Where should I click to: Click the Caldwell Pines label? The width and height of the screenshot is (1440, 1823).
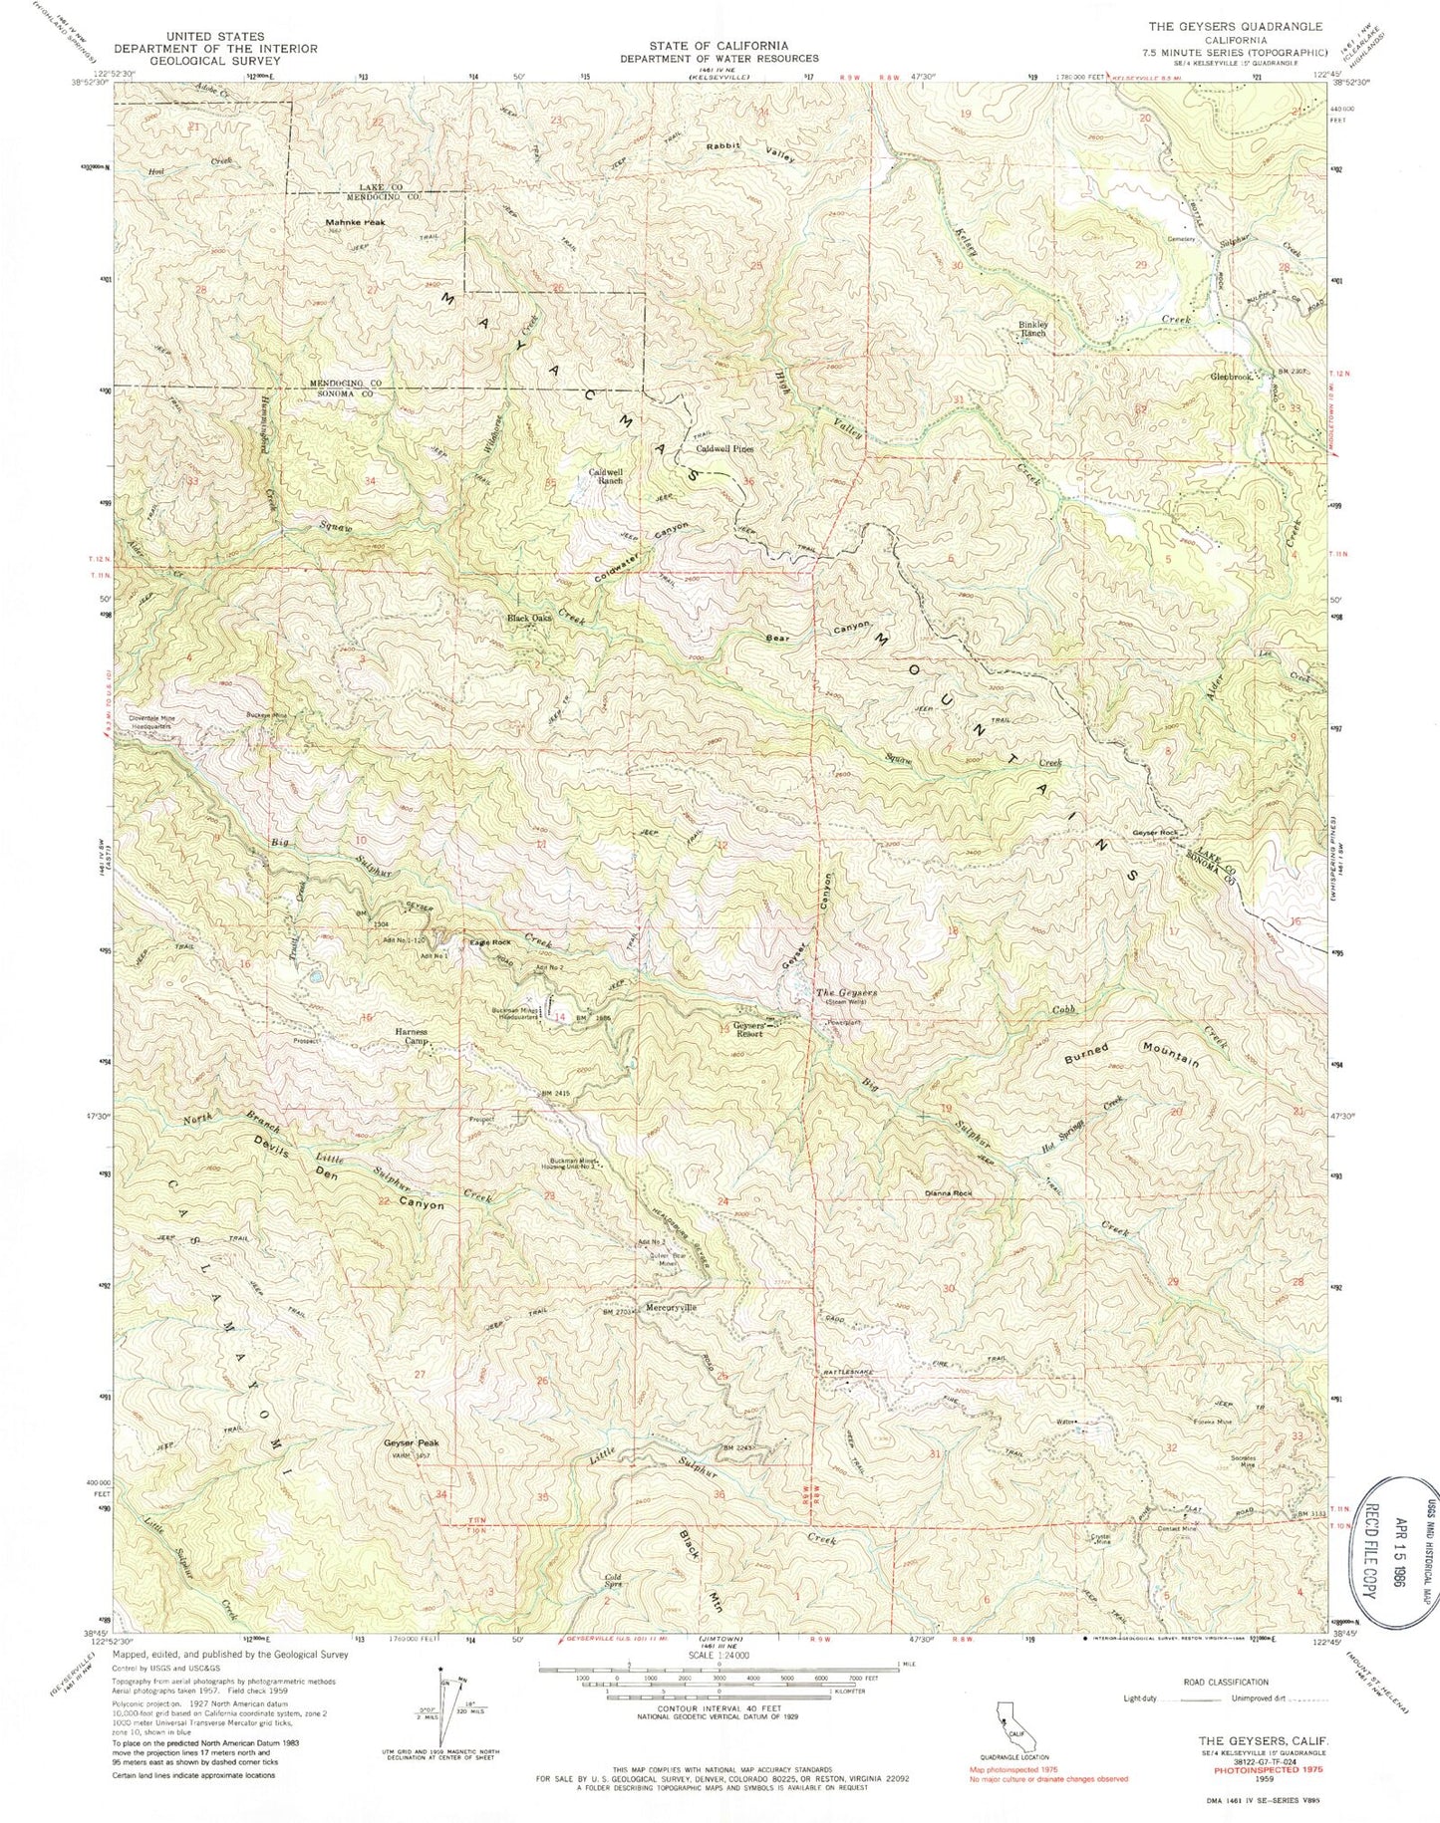point(723,448)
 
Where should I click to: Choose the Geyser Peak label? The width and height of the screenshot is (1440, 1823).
point(411,1442)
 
